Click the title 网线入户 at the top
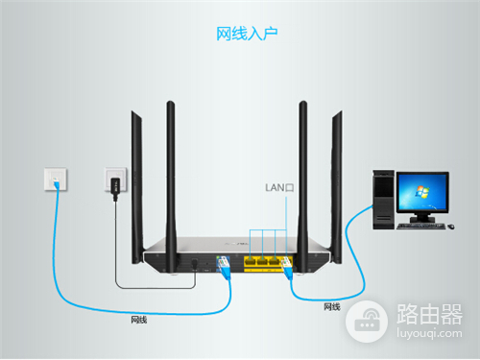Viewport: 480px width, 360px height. (240, 34)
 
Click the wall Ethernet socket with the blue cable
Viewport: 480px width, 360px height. (56, 179)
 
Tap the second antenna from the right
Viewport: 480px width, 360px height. (303, 178)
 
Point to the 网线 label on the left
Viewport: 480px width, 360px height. (139, 320)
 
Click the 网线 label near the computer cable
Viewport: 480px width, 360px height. (332, 306)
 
